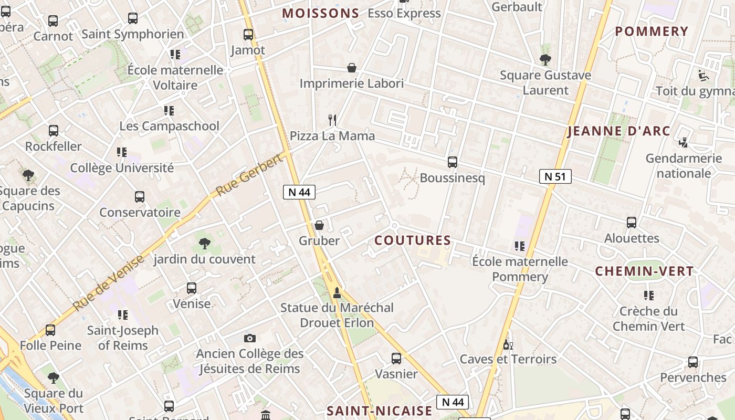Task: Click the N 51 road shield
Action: [555, 176]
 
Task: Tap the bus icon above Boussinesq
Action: [453, 162]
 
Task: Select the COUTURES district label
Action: [413, 240]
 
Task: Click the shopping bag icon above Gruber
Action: [319, 225]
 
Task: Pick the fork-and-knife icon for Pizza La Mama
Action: [332, 120]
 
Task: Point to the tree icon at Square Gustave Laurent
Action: [545, 59]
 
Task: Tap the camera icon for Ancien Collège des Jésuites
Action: [250, 338]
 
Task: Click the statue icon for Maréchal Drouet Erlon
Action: [337, 292]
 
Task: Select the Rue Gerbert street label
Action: [249, 175]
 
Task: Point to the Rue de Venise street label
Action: [108, 282]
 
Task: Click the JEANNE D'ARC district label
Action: [619, 131]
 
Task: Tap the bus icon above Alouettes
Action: [632, 223]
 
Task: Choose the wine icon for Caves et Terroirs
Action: [508, 344]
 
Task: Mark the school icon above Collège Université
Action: [122, 152]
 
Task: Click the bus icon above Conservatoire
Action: [140, 197]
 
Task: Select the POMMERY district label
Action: [652, 31]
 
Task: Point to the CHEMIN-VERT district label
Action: [644, 271]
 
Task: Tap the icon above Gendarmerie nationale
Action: [684, 142]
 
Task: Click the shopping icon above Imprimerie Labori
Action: [352, 68]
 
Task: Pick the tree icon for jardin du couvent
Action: [205, 243]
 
